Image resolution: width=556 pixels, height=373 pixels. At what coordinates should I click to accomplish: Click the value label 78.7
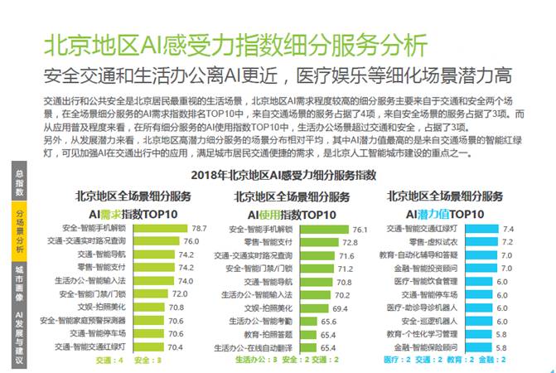pyautogui.click(x=199, y=227)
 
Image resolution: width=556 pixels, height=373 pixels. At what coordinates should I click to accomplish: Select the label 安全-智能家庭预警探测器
pyautogui.click(x=88, y=320)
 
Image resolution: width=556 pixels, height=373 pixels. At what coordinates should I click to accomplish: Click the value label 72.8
pyautogui.click(x=350, y=242)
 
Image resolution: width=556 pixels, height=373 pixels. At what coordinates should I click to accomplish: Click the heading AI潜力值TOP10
pyautogui.click(x=444, y=213)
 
